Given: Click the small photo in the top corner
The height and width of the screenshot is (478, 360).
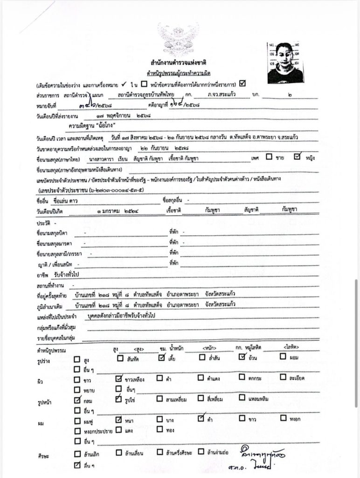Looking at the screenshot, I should tap(285, 63).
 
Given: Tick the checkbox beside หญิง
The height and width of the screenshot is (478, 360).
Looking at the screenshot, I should tap(298, 157).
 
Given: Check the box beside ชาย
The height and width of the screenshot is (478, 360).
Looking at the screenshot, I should tap(269, 157).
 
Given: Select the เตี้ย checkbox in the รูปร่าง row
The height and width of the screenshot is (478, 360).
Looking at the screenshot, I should tap(161, 358).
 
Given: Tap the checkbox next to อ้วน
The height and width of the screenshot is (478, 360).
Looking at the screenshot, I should tap(242, 358).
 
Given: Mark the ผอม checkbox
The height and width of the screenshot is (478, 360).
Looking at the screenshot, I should tap(283, 358).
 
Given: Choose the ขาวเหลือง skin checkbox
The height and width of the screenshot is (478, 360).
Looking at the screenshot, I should tap(118, 379).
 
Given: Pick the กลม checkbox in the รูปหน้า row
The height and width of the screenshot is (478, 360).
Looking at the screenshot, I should tap(77, 400).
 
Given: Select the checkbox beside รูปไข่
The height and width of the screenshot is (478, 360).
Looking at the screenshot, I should tap(118, 399).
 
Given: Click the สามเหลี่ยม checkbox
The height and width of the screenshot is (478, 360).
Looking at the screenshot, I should tap(159, 399).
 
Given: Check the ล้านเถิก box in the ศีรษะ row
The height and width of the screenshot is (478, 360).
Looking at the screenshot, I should tap(77, 453).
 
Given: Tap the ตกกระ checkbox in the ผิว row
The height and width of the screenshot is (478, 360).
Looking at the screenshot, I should tap(242, 378).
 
